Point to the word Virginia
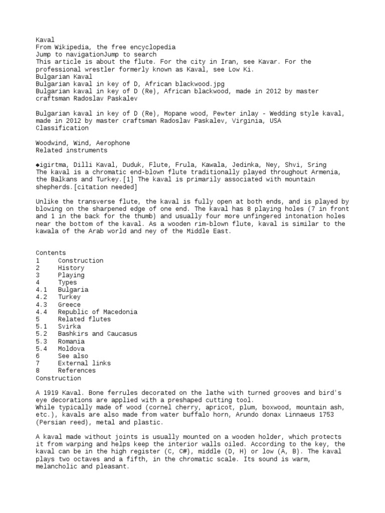[244, 121]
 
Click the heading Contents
[51, 253]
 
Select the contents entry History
[71, 268]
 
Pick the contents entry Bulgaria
[73, 290]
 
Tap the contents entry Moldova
[71, 349]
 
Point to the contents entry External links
[84, 363]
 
